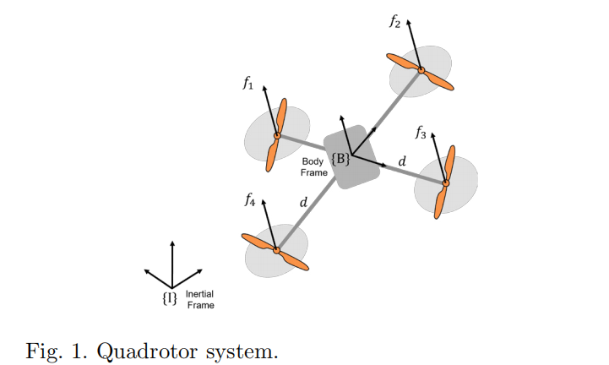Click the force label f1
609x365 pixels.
point(248,83)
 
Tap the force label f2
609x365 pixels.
point(394,21)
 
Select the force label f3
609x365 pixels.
point(421,133)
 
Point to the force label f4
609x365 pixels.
point(250,199)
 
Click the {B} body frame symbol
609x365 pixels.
point(340,159)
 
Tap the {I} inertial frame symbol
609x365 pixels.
point(170,298)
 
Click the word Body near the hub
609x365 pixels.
point(313,161)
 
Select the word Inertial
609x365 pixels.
point(199,294)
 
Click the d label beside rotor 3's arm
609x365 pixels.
point(402,161)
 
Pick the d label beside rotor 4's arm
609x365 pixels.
point(303,202)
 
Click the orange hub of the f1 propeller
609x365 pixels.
point(277,136)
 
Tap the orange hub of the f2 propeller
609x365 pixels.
point(421,70)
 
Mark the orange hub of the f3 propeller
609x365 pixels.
point(446,182)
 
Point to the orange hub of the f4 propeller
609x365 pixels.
point(276,250)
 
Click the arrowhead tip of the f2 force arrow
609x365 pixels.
point(408,20)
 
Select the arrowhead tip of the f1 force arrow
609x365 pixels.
point(264,86)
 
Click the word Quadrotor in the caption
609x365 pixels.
point(148,352)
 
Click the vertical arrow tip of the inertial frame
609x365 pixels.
point(172,241)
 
